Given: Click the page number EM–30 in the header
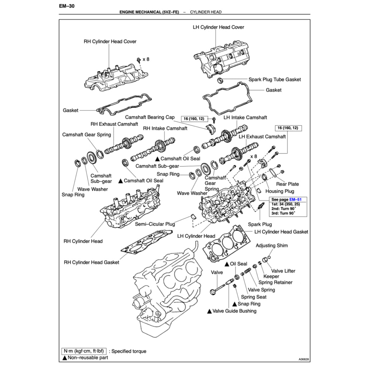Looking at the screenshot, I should (x=67, y=6).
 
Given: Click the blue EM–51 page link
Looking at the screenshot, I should (x=296, y=199).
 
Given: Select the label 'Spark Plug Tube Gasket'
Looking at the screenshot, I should (x=275, y=80).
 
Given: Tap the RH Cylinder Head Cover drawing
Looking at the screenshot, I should (x=111, y=77).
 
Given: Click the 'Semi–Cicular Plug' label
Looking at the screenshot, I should (x=155, y=224).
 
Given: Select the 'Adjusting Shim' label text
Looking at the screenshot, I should (x=271, y=246).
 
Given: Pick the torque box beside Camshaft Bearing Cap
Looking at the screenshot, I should (x=194, y=119).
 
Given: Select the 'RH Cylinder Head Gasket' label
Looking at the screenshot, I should (x=91, y=262).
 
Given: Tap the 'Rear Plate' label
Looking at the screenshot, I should (x=287, y=184).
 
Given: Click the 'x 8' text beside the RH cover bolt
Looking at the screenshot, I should (x=146, y=59).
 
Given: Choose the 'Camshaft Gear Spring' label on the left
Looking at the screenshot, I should (x=86, y=135).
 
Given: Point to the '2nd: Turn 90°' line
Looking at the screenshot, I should (x=283, y=208).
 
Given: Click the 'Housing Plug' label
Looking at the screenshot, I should (x=280, y=191).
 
